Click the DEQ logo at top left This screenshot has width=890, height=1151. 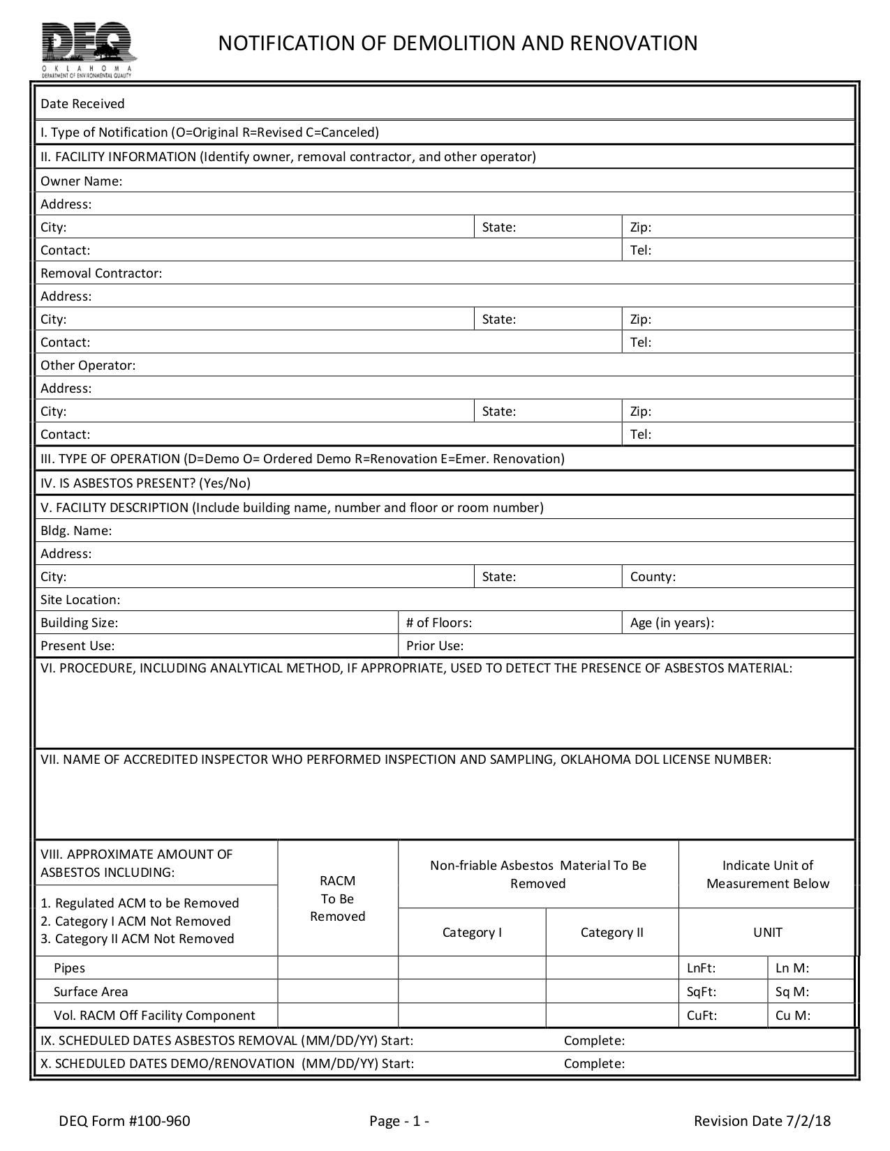(88, 49)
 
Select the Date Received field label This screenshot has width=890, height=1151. (82, 104)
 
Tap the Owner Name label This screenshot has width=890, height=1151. (81, 181)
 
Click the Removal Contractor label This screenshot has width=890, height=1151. (101, 273)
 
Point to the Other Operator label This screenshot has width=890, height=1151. (88, 366)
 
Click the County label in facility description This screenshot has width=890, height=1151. (653, 577)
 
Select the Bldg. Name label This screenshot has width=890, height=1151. (76, 531)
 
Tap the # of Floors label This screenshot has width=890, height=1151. (439, 623)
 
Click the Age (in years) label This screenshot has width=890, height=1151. (672, 623)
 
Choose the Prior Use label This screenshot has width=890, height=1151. (435, 646)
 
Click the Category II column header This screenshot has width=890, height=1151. (611, 933)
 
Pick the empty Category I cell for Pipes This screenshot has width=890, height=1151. (472, 968)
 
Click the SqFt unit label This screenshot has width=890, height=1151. (702, 992)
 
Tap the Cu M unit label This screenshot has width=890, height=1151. (793, 1016)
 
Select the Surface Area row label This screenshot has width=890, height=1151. (91, 992)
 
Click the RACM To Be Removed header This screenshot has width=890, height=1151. (338, 898)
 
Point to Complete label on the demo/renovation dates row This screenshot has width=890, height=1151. (594, 1064)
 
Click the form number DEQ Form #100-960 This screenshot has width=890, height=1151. (124, 1121)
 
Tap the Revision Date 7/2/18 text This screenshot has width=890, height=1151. (762, 1121)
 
